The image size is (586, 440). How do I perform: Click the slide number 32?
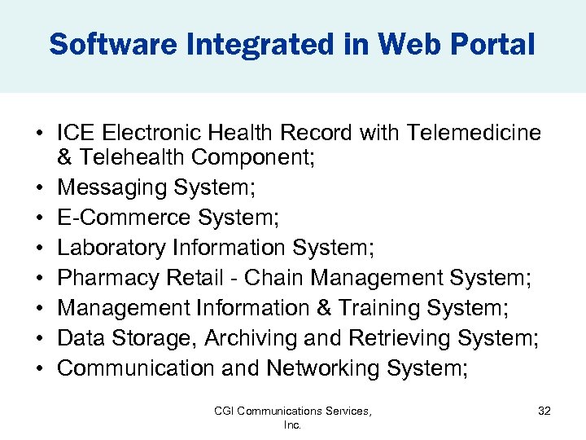(544, 411)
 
